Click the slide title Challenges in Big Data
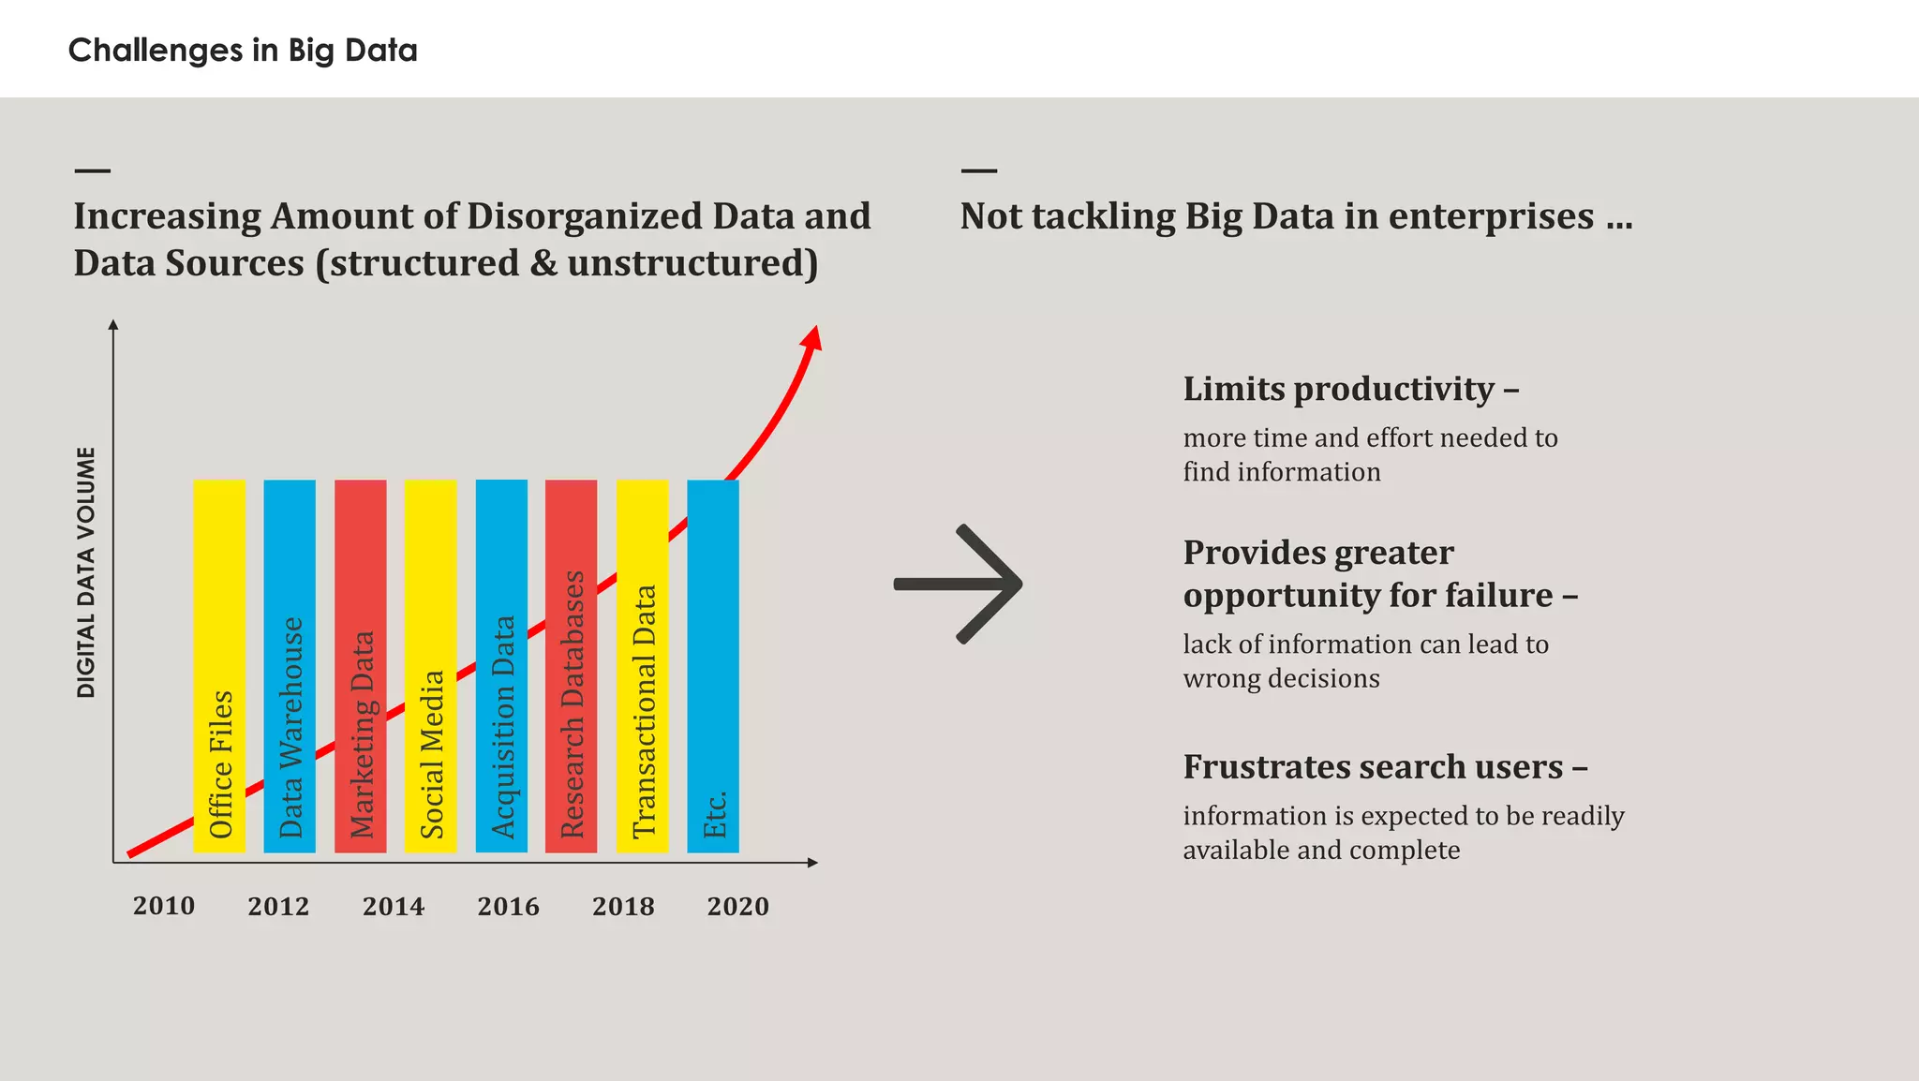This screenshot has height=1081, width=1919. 243,50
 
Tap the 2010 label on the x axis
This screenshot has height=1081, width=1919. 164,906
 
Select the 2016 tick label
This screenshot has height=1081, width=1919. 508,907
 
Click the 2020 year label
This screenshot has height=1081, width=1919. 737,907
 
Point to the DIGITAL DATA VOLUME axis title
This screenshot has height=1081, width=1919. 86,572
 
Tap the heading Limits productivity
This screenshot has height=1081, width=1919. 1349,389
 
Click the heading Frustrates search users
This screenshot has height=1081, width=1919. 1384,767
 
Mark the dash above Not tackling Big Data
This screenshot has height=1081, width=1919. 979,170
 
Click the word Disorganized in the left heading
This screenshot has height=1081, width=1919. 584,216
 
